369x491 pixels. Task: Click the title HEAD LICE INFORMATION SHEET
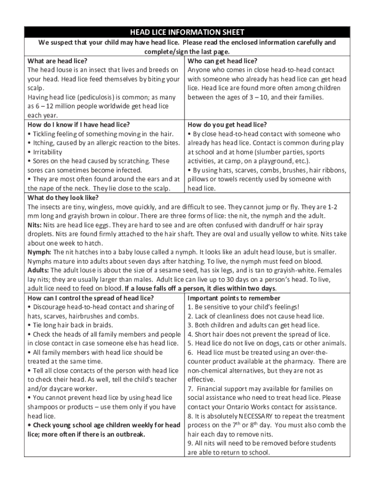(187, 33)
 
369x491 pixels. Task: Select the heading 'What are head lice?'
(57, 61)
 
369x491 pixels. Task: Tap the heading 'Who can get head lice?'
(222, 61)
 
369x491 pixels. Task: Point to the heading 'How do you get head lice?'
(227, 125)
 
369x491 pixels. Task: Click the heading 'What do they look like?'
(63, 198)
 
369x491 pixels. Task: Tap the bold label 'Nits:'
(35, 225)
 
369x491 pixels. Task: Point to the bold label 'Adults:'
(38, 270)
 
